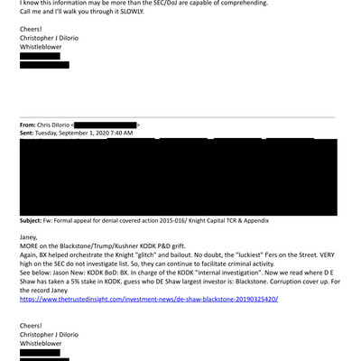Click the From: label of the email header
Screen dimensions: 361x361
point(32,124)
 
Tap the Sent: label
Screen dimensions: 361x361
point(32,133)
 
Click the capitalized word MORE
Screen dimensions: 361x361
point(31,247)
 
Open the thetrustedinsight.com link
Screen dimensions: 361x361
point(149,299)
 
